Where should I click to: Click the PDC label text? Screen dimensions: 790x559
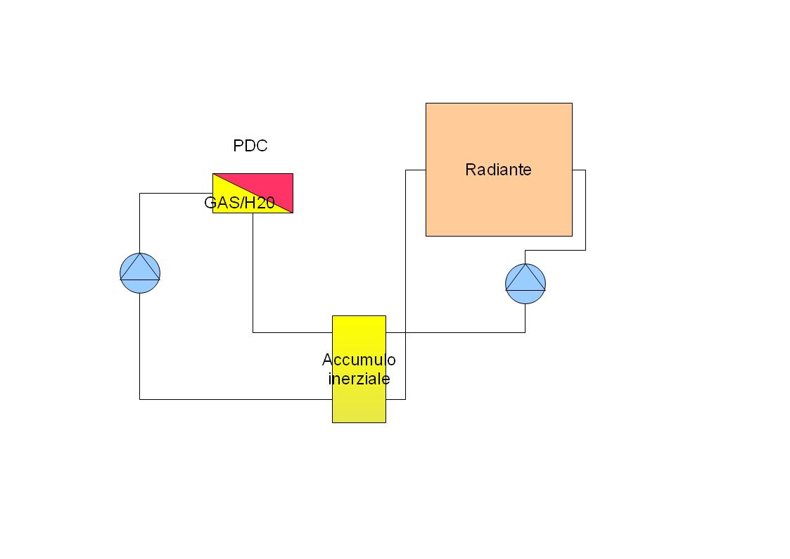click(250, 146)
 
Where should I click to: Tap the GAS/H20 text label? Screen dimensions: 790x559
click(239, 203)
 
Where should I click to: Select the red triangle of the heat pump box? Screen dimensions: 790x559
click(267, 187)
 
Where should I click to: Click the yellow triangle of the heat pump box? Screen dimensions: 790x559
click(237, 201)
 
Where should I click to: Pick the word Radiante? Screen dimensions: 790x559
click(498, 170)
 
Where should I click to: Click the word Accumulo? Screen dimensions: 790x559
click(359, 360)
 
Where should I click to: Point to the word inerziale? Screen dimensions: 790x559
click(359, 379)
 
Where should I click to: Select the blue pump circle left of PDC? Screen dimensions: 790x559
click(140, 273)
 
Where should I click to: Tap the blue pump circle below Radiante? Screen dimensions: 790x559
click(525, 284)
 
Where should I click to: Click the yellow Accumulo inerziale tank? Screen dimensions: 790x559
click(359, 370)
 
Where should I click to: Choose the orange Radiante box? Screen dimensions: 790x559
click(499, 170)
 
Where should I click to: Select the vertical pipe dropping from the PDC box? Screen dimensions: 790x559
click(253, 272)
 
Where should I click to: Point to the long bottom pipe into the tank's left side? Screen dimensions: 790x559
click(236, 400)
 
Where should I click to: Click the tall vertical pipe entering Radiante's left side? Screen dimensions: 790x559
click(406, 285)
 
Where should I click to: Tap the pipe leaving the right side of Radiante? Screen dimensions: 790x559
click(585, 210)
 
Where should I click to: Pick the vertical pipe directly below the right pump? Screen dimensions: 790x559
click(525, 318)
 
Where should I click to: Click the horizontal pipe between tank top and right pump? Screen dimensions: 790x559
click(455, 333)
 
